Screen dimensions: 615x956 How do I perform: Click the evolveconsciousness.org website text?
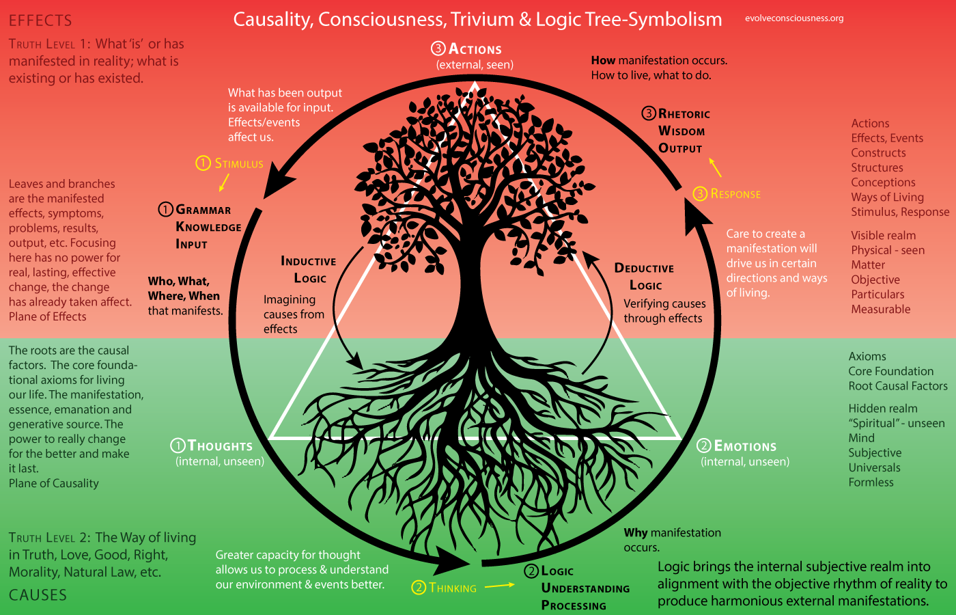794,18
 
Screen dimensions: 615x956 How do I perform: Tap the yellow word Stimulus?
239,163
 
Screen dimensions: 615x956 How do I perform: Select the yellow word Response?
735,194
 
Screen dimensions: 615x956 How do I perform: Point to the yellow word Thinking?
453,588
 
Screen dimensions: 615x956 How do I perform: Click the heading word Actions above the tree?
475,49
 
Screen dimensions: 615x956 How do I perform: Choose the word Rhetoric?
684,114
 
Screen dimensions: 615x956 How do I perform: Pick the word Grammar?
203,210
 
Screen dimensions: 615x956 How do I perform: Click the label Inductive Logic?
309,269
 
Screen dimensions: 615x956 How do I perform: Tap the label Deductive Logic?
644,276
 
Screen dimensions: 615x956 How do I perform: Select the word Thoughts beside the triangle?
220,446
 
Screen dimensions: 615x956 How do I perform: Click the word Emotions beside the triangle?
745,446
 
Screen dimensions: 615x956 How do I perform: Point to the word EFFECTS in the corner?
40,20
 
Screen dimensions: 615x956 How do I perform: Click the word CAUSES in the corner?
38,595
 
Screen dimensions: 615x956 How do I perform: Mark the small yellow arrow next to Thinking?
500,585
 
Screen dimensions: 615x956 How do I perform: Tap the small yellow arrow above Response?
715,167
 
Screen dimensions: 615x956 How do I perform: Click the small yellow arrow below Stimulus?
223,182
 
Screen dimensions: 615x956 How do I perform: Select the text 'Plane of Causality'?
54,483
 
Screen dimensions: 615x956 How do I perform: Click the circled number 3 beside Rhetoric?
649,113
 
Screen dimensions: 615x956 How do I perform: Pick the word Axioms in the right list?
867,357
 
